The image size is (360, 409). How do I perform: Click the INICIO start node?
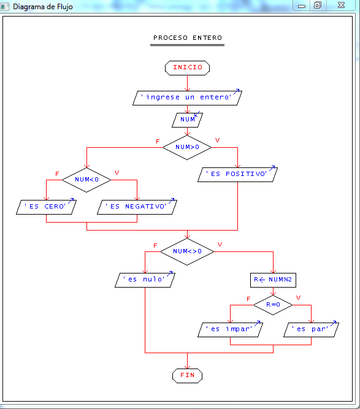coord(187,67)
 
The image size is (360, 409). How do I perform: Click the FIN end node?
coord(187,375)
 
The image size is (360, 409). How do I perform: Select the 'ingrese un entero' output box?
coord(187,97)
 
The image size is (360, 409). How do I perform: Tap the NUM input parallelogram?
coord(187,119)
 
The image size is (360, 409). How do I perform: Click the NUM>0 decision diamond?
coord(187,147)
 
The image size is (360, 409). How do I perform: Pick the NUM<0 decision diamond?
coord(86,180)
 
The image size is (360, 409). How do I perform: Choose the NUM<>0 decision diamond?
coord(187,251)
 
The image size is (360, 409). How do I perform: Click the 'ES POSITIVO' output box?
coord(237,174)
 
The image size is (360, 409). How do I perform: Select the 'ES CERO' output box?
coord(46,207)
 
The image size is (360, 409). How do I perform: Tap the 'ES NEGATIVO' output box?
coord(137,207)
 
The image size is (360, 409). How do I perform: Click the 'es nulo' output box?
coord(145,280)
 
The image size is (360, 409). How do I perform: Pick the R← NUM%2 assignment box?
coord(274,280)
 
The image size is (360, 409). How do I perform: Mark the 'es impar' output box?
coord(230,329)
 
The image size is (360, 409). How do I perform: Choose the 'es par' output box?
coord(311,329)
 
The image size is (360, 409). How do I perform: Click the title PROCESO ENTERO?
coord(187,38)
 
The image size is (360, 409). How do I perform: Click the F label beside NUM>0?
coord(158,141)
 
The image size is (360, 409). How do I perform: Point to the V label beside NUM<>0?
coord(220,245)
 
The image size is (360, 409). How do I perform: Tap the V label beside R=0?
coord(299,297)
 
